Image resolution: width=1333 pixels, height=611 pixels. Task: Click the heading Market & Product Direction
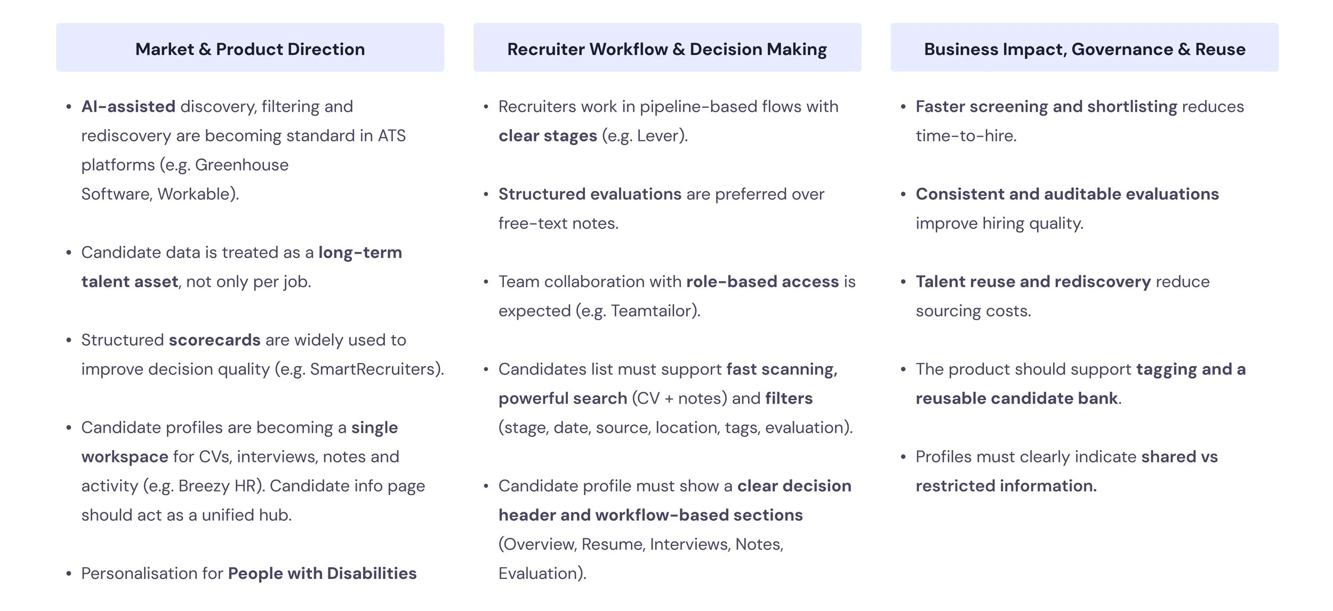[x=250, y=49]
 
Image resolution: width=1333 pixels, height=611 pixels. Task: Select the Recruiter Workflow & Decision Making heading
[x=666, y=49]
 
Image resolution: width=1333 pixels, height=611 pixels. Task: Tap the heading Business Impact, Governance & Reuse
[x=1085, y=49]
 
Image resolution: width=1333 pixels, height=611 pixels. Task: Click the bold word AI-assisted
[x=128, y=107]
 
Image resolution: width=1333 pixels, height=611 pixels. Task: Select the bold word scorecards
[x=214, y=340]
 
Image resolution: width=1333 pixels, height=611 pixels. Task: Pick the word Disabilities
[x=372, y=574]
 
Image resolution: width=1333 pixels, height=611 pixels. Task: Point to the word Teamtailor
[x=654, y=311]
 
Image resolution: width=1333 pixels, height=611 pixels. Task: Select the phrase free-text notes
[x=558, y=224]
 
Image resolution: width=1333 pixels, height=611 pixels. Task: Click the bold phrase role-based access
[x=762, y=282]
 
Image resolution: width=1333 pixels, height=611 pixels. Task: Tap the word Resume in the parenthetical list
[x=613, y=544]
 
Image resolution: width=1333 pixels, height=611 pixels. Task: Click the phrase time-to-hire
[x=966, y=136]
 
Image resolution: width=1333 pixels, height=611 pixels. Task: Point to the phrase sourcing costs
[x=973, y=311]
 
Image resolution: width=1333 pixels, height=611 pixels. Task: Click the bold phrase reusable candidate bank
[x=1017, y=399]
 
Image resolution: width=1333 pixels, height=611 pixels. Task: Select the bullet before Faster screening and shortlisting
[x=903, y=107]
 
